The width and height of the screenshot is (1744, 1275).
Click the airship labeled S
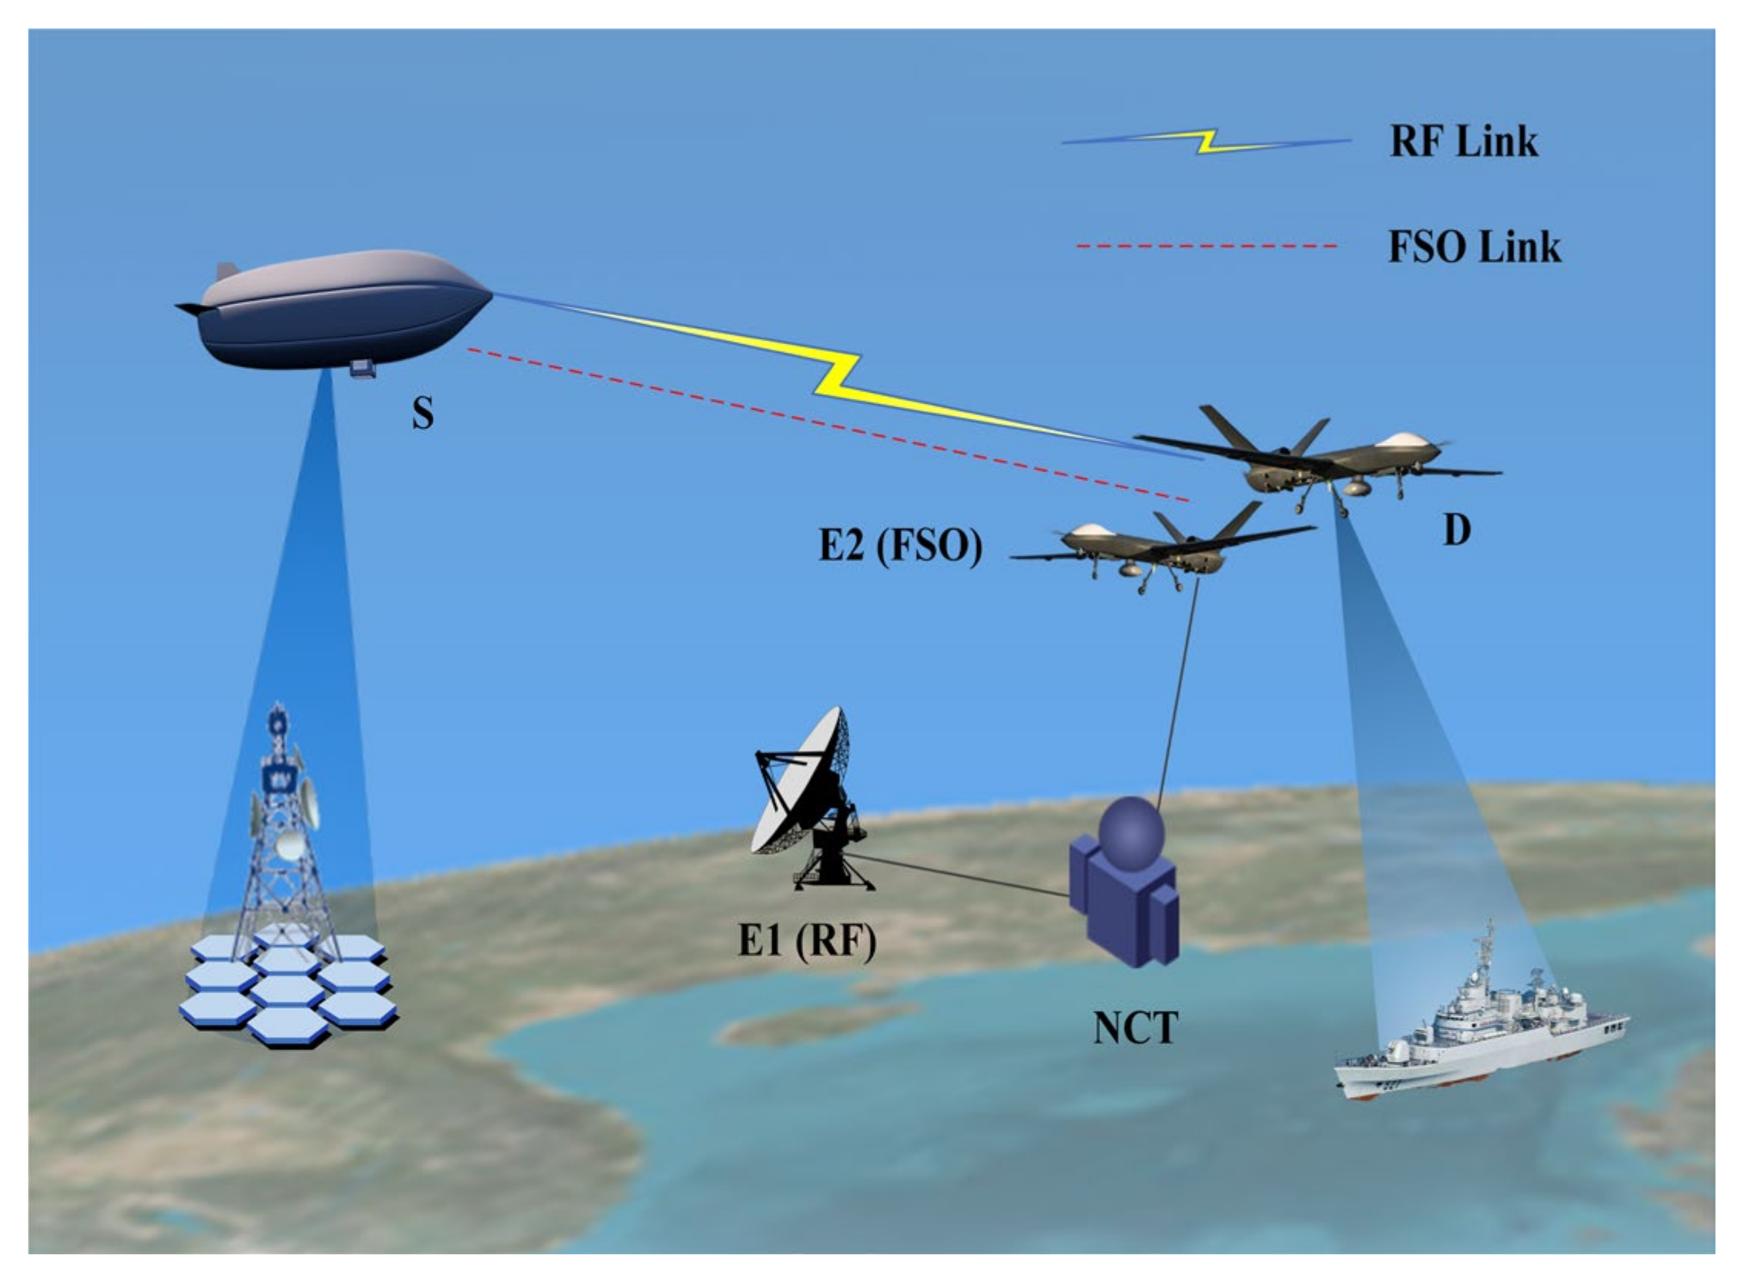tap(340, 309)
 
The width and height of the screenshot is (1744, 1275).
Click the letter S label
tap(423, 413)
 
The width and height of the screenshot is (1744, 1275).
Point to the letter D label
tap(1456, 530)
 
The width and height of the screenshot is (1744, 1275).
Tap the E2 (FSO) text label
tap(900, 547)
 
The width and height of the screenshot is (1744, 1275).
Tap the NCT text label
tap(1135, 1027)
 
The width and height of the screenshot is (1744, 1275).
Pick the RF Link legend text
tap(1463, 141)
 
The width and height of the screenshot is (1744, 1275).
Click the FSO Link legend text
tap(1474, 247)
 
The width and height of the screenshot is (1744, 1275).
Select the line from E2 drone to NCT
tap(1179, 694)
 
